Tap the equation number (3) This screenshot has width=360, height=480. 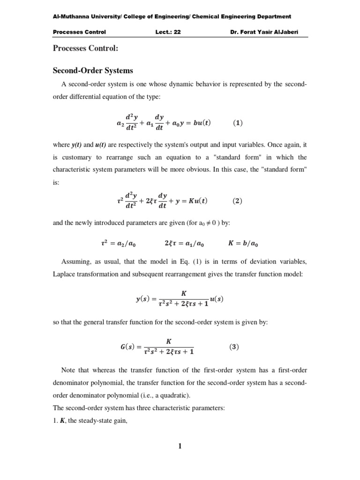234,347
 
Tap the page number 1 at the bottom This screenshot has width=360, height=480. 180,446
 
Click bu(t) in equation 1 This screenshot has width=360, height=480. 199,123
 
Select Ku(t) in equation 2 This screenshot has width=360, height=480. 196,201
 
